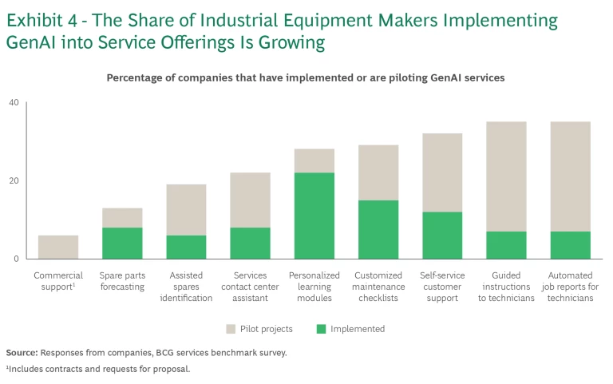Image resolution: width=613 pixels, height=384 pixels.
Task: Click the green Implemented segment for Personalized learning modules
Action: (x=314, y=216)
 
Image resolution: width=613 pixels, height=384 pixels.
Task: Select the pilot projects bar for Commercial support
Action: (x=58, y=247)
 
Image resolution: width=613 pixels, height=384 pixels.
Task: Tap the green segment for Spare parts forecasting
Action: (x=122, y=243)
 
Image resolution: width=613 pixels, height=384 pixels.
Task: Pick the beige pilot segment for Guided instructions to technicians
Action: (x=506, y=176)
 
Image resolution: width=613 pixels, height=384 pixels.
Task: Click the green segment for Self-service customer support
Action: (x=442, y=235)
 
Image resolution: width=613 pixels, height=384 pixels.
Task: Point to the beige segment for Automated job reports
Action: (x=570, y=176)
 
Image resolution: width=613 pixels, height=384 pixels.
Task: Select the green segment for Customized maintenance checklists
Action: (x=378, y=229)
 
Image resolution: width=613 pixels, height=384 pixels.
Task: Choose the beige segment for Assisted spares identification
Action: (x=186, y=210)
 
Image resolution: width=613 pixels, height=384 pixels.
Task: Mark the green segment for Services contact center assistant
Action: (x=250, y=243)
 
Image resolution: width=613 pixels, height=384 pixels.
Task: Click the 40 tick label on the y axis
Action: (x=14, y=103)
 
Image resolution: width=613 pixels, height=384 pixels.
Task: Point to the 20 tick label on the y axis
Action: (x=14, y=180)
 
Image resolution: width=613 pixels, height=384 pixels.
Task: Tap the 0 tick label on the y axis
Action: (x=16, y=259)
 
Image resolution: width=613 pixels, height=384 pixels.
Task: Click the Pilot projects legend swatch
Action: (x=232, y=329)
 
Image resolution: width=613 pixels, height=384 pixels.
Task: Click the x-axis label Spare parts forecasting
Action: (x=122, y=281)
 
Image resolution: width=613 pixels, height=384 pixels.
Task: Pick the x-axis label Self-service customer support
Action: (x=442, y=287)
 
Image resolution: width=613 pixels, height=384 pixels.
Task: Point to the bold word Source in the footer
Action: (x=22, y=352)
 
